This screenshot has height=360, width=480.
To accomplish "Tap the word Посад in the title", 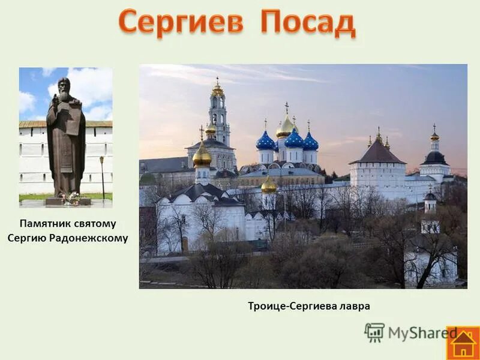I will [x=308, y=23].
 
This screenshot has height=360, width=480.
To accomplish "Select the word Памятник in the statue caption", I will [x=44, y=224].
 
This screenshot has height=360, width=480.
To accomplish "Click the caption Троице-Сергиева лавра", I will [x=309, y=306].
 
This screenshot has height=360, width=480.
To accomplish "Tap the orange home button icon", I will [x=463, y=343].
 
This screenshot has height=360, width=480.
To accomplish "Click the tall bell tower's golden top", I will [x=217, y=89].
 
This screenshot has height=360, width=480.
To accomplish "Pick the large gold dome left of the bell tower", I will [x=202, y=155].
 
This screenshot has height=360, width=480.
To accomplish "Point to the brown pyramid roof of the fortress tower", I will [x=377, y=154].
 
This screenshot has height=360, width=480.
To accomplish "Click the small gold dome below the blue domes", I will [x=269, y=185].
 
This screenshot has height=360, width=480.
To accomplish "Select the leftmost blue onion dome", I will [x=265, y=142].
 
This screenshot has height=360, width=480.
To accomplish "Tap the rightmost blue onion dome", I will [x=310, y=142].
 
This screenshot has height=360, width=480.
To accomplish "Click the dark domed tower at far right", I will [x=434, y=157].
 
